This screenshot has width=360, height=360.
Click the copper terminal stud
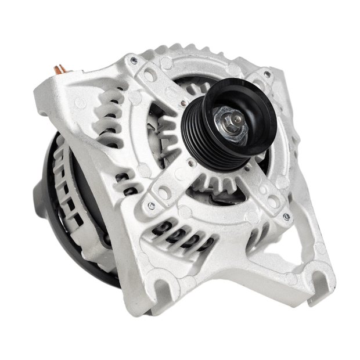click(x=60, y=71)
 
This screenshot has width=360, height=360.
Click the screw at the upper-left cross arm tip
click(x=134, y=60)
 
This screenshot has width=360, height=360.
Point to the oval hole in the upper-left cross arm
click(x=149, y=76)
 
